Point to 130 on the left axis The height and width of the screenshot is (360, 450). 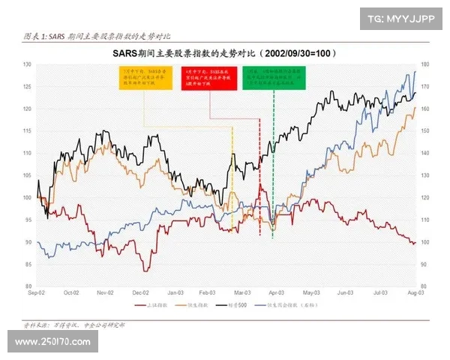[x=28, y=65]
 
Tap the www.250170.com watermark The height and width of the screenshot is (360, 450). [x=52, y=342]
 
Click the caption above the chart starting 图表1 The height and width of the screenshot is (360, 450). [x=97, y=36]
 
